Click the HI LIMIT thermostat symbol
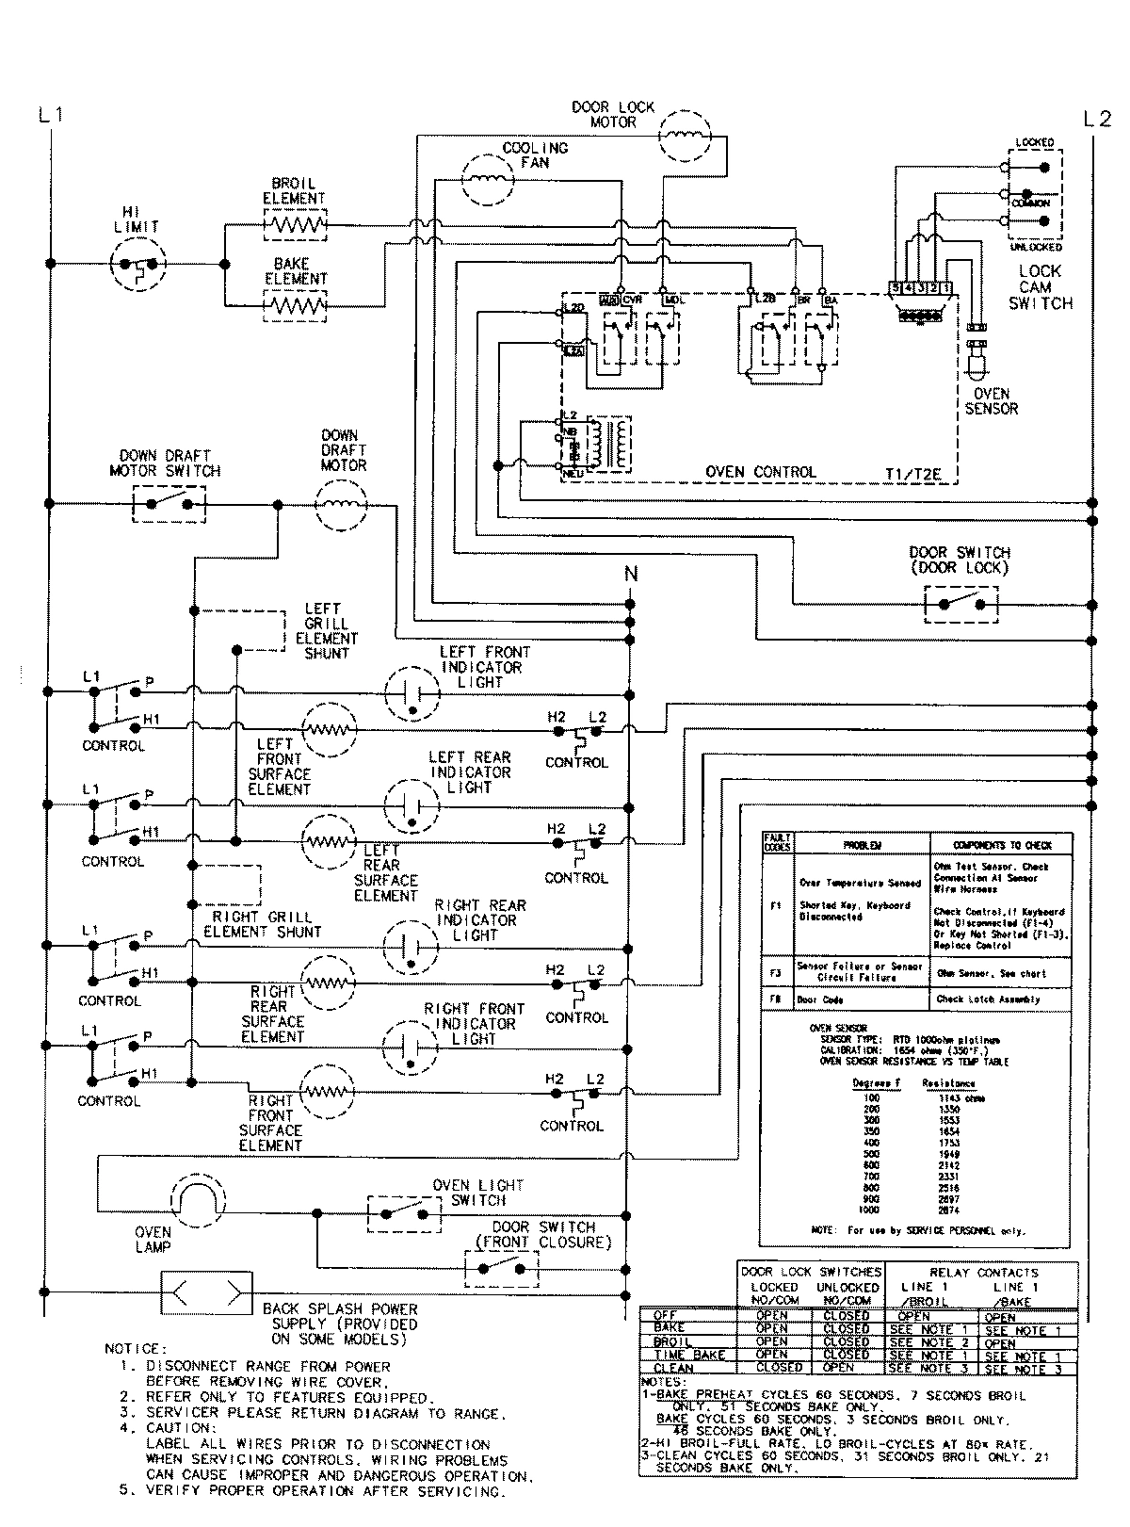[138, 264]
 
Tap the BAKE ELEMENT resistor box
[295, 305]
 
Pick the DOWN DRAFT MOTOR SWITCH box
[169, 504]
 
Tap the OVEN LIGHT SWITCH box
[404, 1212]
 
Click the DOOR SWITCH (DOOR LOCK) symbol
[960, 604]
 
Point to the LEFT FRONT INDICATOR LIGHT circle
[412, 692]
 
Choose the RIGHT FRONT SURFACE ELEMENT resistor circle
[329, 1092]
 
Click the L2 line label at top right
[1097, 120]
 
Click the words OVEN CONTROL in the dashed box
[761, 472]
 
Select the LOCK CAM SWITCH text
[1041, 287]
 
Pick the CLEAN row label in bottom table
[673, 1368]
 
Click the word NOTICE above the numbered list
[136, 1349]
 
